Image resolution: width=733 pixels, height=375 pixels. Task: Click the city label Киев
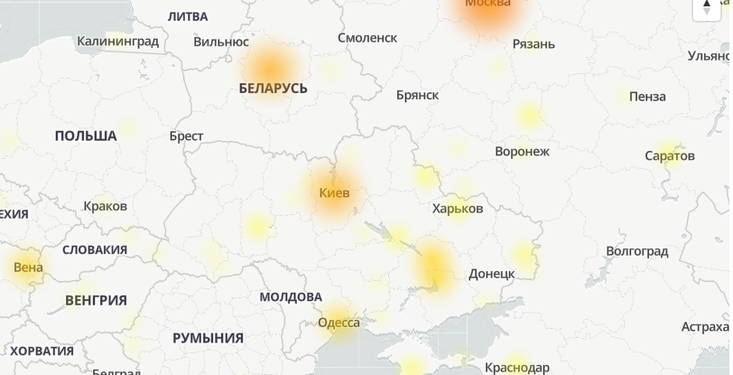334,192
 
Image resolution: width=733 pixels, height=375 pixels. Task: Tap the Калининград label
117,41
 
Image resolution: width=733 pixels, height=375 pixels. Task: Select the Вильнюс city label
220,41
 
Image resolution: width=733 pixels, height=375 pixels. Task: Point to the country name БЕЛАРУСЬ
273,89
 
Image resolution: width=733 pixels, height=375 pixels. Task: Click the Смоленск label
366,37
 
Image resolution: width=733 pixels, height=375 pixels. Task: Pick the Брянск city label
417,94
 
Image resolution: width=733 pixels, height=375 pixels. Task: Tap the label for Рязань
533,43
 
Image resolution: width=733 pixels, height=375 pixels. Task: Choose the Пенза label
647,96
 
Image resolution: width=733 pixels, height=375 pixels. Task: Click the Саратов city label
670,155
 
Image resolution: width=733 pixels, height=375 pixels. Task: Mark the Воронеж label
522,151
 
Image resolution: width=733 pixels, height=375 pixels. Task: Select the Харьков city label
458,208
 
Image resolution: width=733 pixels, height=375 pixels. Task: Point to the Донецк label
492,273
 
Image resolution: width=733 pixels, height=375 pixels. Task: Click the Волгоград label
636,249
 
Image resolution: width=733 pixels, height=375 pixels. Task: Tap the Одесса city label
339,323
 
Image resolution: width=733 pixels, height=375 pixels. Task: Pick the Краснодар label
516,367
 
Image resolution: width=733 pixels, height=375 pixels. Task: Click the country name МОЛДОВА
290,296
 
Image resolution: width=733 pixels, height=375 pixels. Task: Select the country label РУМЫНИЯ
208,338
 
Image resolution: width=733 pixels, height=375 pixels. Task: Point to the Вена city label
28,267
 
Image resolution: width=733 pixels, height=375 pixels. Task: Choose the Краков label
105,206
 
